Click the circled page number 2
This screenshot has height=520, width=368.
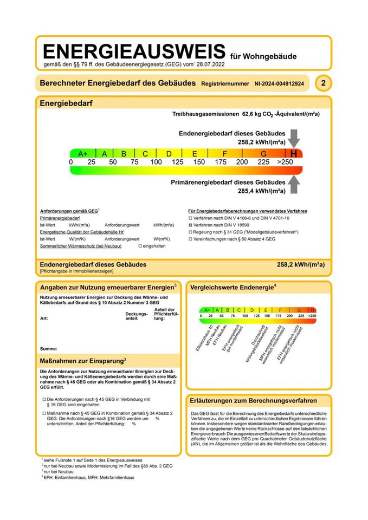point(323,83)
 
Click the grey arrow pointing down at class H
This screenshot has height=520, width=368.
point(294,138)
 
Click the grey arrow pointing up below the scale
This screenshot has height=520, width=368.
point(293,185)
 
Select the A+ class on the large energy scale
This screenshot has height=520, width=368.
point(82,154)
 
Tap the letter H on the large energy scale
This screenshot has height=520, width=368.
point(293,154)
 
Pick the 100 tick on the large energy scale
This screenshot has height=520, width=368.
point(156,162)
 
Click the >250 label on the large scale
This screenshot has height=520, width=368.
point(285,162)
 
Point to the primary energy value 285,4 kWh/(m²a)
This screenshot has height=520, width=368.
point(262,191)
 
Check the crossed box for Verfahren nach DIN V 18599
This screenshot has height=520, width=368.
point(190,224)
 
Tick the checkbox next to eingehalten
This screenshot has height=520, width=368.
point(140,245)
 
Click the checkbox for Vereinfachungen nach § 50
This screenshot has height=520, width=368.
point(190,238)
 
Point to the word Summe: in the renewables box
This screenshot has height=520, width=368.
point(49,348)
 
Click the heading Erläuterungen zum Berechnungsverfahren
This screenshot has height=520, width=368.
point(254,401)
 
